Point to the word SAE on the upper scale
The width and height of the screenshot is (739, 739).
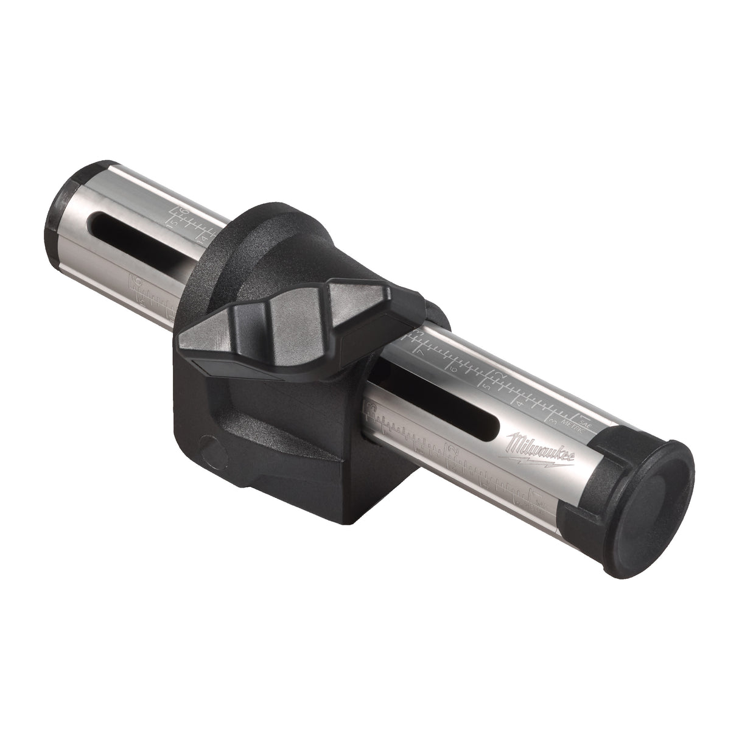[x=583, y=419]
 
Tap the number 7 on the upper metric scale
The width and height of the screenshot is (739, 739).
[x=419, y=352]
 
